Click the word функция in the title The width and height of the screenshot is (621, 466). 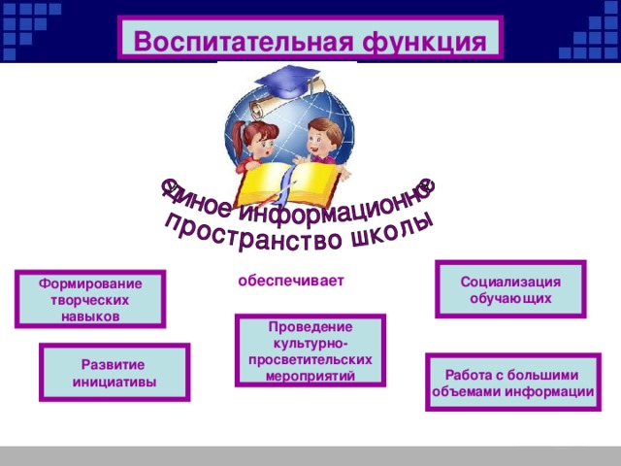pos(424,42)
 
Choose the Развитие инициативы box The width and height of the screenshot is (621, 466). pos(114,372)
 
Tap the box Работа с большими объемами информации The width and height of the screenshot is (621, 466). pos(512,383)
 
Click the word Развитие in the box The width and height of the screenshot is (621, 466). pos(114,364)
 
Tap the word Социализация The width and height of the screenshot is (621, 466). pos(510,282)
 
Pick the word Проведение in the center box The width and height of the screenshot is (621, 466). pos(310,326)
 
